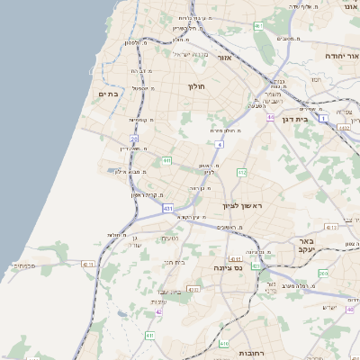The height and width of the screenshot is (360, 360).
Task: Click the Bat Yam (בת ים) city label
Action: pyautogui.click(x=109, y=93)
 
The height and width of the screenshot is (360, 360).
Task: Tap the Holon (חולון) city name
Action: pyautogui.click(x=196, y=86)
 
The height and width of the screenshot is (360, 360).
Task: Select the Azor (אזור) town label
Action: pyautogui.click(x=225, y=58)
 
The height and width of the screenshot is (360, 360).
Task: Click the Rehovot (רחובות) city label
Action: pyautogui.click(x=249, y=354)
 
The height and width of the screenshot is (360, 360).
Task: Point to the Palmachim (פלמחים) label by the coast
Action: pyautogui.click(x=22, y=266)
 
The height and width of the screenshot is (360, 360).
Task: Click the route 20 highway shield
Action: pyautogui.click(x=133, y=139)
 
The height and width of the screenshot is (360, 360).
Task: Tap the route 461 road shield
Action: pyautogui.click(x=258, y=26)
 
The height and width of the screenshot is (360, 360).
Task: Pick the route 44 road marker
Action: pyautogui.click(x=270, y=117)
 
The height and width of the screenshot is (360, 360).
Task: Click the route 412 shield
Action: pyautogui.click(x=242, y=171)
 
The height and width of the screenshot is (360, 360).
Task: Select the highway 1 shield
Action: pyautogui.click(x=321, y=106)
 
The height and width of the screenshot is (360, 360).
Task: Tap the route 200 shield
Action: pyautogui.click(x=323, y=273)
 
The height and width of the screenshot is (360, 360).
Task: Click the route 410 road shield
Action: pyautogui.click(x=224, y=344)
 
